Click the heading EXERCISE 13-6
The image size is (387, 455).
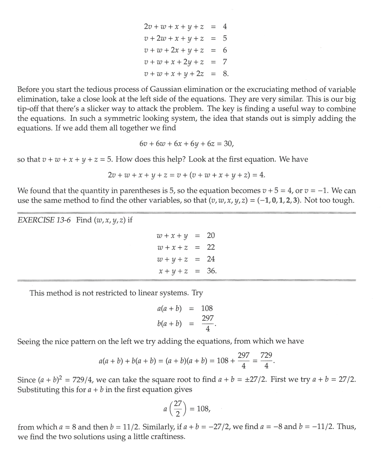click(x=43, y=220)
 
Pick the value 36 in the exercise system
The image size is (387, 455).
click(x=211, y=271)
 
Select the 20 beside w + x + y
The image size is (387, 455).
click(x=211, y=235)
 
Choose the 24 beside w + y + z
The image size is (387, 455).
click(x=211, y=259)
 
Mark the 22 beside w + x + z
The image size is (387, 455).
click(x=211, y=247)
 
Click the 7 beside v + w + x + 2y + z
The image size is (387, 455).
click(x=225, y=62)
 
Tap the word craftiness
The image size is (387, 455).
click(x=168, y=437)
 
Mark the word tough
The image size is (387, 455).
click(x=344, y=201)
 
